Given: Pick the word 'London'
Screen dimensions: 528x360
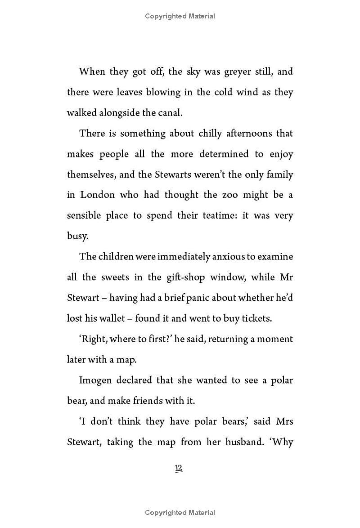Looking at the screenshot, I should point(98,195).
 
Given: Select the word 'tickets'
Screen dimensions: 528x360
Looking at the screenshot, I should point(256,318).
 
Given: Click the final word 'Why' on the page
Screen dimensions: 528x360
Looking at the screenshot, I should point(283,442).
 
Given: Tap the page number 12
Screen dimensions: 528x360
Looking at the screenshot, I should point(179,469).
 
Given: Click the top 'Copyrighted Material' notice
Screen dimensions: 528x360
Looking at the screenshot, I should point(180,16).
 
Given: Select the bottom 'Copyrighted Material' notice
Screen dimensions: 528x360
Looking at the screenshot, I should point(180,513).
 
